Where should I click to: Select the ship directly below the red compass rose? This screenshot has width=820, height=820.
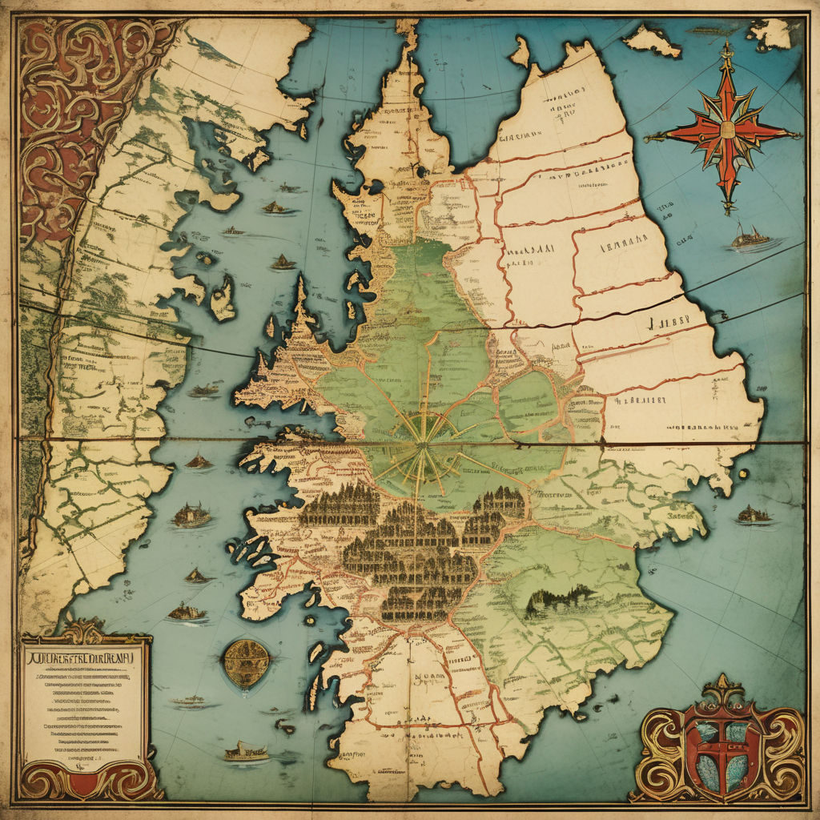[750, 236]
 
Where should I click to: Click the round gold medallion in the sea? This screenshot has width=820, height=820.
[245, 663]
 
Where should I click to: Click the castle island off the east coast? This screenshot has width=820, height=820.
[753, 515]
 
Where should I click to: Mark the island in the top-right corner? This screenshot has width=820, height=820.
[770, 34]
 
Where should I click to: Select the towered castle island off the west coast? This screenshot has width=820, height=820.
[191, 515]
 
